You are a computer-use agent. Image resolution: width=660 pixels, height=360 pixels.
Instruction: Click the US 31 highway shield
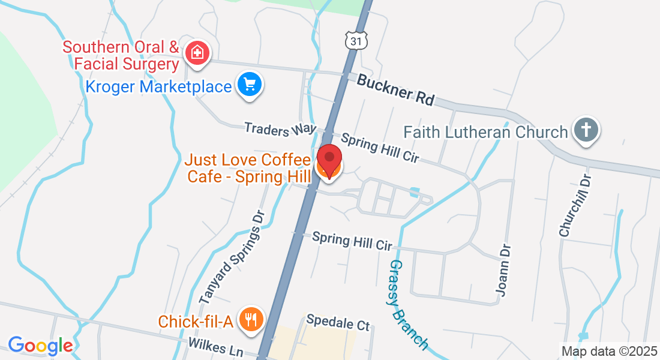pos(356,40)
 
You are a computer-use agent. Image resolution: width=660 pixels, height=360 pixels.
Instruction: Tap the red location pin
pos(329,159)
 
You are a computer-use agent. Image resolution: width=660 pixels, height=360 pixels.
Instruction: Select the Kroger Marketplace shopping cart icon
pos(249,85)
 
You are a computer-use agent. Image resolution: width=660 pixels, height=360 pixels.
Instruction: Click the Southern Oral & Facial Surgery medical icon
pos(197,53)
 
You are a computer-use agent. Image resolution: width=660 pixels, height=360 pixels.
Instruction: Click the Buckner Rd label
pos(395,89)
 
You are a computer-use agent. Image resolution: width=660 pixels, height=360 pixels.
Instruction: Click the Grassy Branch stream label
pos(409,304)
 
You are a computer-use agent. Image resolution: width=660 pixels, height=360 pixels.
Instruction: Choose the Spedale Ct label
pos(338,322)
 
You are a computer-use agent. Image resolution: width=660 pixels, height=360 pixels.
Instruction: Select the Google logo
pos(40,346)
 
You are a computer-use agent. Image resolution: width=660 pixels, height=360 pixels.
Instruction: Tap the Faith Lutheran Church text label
pos(485,132)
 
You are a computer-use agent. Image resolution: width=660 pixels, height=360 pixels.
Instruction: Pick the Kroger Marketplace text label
pos(158,86)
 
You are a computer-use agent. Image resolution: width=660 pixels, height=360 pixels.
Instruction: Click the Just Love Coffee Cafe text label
pos(248,168)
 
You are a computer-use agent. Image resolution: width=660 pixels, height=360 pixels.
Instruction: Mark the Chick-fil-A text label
pos(195,322)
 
